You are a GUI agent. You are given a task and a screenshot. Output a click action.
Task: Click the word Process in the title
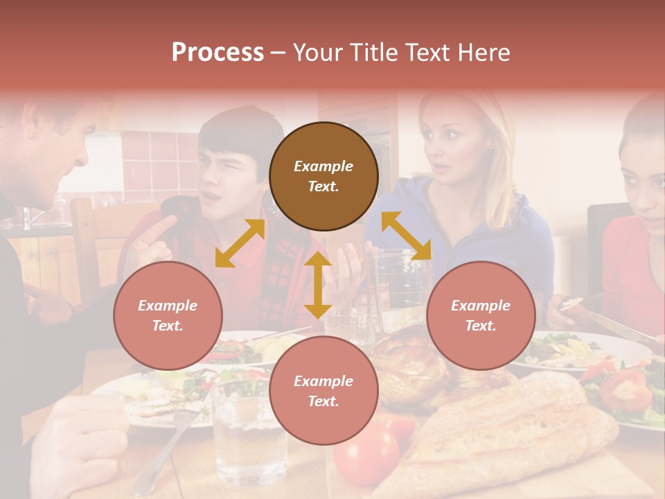pos(218,53)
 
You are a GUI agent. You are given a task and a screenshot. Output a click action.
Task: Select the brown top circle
pos(323,176)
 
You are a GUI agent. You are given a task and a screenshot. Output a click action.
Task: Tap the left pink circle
pos(168,315)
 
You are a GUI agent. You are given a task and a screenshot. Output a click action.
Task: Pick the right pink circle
pos(481,315)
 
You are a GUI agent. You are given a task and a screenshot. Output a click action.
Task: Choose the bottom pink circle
pos(323,391)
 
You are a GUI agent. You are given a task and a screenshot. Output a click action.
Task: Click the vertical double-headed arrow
pos(318,285)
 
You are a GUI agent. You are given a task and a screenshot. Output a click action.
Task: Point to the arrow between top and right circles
pos(406,236)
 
